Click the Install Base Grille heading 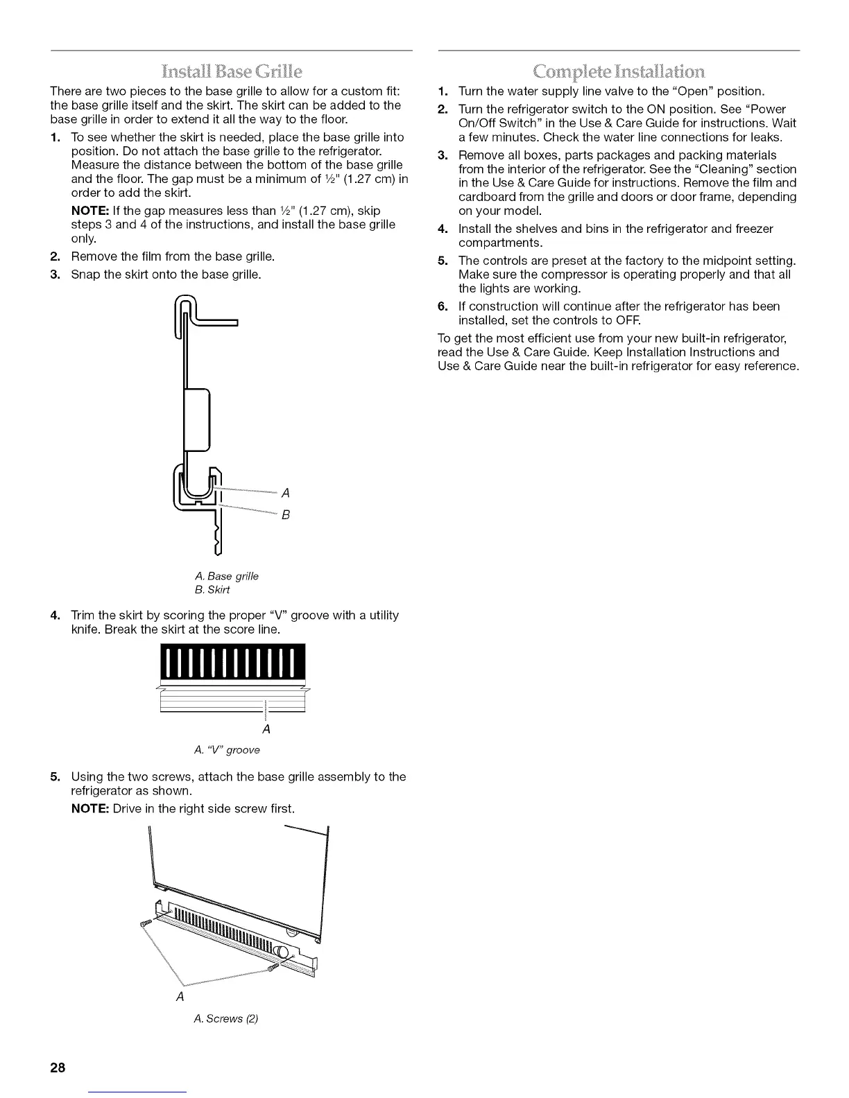pos(232,71)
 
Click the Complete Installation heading pos(619,71)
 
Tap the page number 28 pos(57,1067)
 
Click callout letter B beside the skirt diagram pos(284,515)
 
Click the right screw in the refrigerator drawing pos(271,967)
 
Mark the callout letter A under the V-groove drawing pos(266,730)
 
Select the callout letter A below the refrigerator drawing pos(180,997)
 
